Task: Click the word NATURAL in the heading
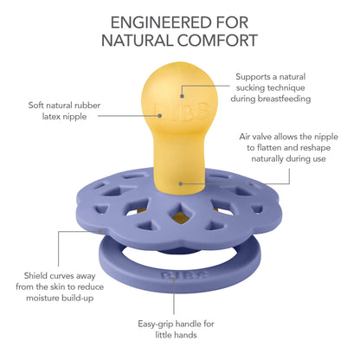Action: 138,41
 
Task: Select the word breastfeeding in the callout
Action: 284,99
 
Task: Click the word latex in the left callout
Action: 52,117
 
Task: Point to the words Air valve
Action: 255,137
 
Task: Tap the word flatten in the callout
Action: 269,148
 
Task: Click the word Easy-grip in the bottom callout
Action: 156,325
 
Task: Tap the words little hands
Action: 176,335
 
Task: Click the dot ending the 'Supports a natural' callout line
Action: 182,96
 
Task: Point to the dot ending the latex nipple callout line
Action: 159,116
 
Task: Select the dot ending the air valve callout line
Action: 181,183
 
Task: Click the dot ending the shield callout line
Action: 100,231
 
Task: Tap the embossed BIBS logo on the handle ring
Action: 184,275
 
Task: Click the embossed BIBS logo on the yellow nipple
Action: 181,110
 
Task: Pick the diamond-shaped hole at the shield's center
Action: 181,214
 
